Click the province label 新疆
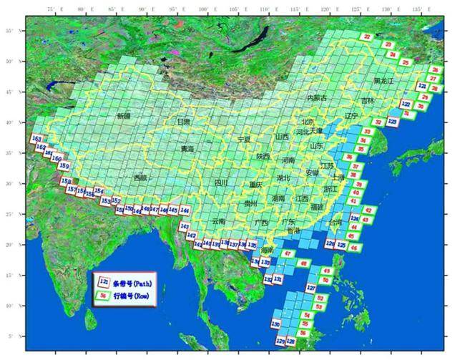[124, 115]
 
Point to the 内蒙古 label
[316, 97]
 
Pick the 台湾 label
[335, 223]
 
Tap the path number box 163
[37, 139]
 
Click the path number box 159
[64, 166]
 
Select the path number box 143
[185, 225]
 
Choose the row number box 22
[368, 36]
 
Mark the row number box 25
[406, 63]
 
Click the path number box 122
[406, 104]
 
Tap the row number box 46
[372, 248]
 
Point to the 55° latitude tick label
[9, 31]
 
